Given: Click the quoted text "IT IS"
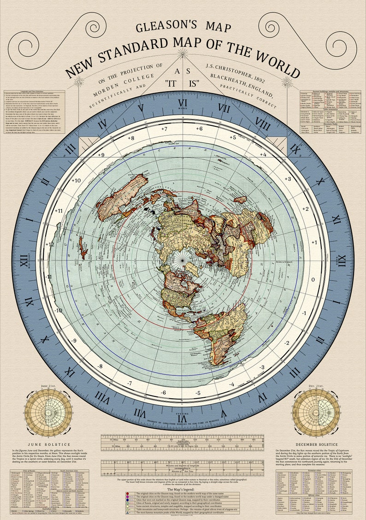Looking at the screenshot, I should pos(183,83).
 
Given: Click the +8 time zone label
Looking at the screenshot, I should pos(130,138).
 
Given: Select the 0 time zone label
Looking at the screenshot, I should pos(313,279).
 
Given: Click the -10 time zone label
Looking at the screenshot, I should pos(58,310).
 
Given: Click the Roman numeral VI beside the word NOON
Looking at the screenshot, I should pos(183,103).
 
